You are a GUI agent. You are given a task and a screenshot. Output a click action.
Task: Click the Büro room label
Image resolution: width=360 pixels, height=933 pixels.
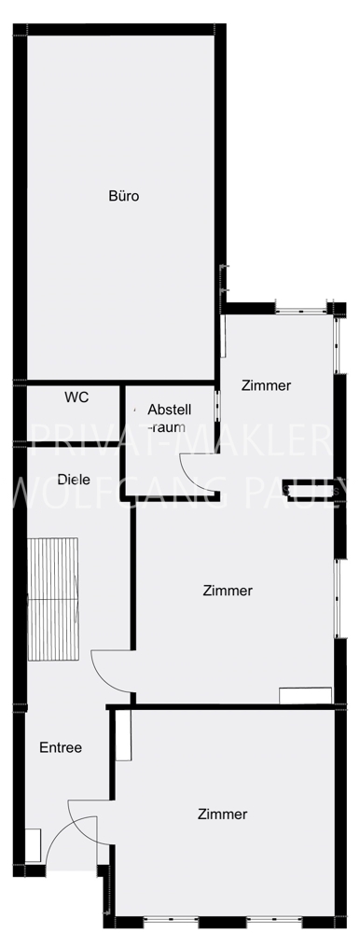[x=124, y=196]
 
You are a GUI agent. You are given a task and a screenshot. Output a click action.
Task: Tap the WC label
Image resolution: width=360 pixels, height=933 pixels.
[x=76, y=397]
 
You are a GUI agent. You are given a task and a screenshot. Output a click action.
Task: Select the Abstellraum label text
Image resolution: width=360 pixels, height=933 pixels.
[x=170, y=418]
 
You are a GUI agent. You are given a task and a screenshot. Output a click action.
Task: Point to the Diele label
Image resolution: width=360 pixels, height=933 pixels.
[x=75, y=480]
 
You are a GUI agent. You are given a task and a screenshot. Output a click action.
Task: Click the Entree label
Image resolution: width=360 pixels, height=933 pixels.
[x=61, y=748]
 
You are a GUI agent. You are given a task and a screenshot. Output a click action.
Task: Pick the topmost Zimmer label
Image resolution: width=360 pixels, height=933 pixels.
[x=266, y=385]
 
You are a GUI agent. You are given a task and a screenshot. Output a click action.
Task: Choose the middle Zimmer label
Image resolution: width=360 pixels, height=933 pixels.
[x=228, y=591]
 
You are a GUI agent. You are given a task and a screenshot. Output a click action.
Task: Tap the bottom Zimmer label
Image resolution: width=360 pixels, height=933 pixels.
[x=223, y=815]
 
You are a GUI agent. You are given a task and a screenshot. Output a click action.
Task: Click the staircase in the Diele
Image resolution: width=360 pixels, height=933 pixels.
[x=53, y=599]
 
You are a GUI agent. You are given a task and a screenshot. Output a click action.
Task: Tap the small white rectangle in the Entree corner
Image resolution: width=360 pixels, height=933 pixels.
[x=33, y=845]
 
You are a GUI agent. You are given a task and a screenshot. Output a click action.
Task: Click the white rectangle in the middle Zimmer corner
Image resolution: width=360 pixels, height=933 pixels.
[x=305, y=696]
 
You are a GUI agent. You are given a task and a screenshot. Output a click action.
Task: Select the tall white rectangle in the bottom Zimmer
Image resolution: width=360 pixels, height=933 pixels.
[x=123, y=735]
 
